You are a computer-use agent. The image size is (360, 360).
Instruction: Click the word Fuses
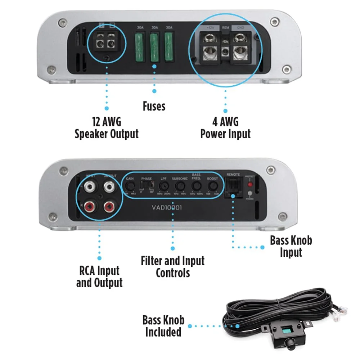click(154, 106)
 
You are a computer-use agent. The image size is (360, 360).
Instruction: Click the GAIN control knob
click(131, 186)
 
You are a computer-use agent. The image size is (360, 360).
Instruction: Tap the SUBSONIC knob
click(180, 186)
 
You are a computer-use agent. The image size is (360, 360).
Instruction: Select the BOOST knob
click(213, 186)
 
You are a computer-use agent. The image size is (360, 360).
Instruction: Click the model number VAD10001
click(166, 207)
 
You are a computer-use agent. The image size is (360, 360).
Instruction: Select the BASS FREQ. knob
click(196, 186)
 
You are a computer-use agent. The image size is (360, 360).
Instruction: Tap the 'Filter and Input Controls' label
click(173, 266)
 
